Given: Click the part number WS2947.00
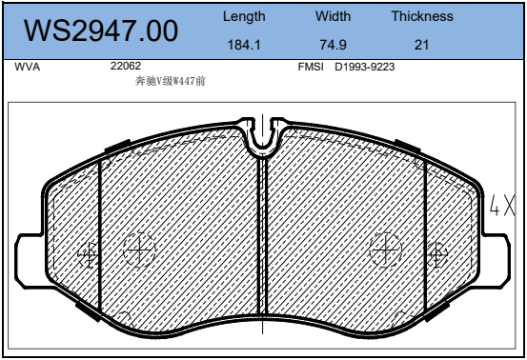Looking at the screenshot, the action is click(x=101, y=30).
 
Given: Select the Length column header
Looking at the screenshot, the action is click(x=244, y=17).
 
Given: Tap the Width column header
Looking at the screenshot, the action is click(x=334, y=16).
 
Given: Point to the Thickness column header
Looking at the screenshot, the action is click(x=422, y=16).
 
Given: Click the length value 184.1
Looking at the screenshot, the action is click(x=244, y=45).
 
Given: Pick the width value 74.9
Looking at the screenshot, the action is click(x=333, y=45).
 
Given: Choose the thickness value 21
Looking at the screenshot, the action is click(x=421, y=45).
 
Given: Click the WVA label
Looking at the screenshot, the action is click(x=28, y=67).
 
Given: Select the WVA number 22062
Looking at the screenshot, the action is click(x=126, y=66).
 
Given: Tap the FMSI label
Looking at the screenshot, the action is click(x=311, y=67).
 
